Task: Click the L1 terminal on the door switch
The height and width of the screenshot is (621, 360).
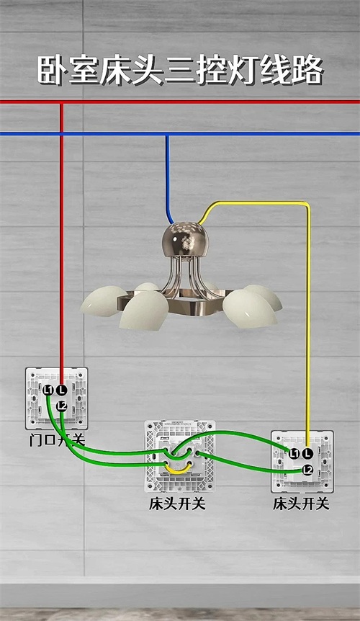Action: [49, 390]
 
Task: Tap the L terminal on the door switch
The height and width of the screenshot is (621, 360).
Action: [61, 390]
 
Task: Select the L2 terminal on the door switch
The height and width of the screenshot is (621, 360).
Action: [61, 406]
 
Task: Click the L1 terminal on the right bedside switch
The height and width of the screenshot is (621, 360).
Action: [294, 454]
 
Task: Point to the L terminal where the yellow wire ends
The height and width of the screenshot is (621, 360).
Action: [307, 454]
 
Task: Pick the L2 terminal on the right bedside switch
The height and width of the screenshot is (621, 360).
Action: [307, 470]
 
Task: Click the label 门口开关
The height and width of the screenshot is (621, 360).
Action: [57, 440]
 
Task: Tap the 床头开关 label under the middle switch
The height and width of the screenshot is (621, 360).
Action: [177, 504]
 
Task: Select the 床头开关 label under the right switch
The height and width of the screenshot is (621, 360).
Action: [301, 504]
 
